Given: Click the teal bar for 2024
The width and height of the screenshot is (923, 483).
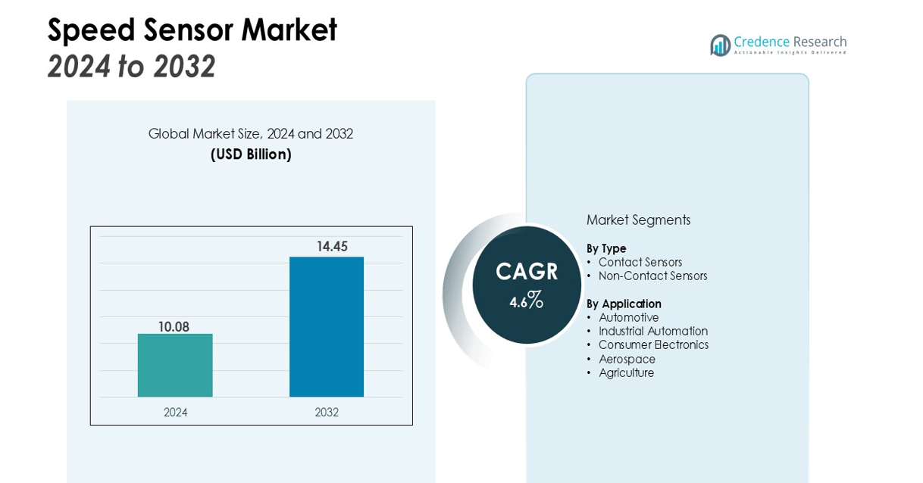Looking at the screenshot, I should point(175,365).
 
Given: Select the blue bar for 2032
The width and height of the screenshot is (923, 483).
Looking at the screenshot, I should point(327,326).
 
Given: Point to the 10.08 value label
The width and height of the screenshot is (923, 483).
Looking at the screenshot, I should point(174,327).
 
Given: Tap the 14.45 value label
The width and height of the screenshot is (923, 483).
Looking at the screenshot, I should point(332,246).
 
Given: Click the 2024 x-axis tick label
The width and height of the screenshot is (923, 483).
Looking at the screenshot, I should point(175,413).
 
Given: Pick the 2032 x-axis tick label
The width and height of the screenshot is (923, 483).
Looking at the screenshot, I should point(327,413).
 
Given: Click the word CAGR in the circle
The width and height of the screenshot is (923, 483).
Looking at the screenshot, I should point(527,272).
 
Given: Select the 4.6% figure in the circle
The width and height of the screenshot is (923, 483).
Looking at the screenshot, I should point(527,301).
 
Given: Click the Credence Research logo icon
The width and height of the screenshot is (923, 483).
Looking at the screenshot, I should point(720,45).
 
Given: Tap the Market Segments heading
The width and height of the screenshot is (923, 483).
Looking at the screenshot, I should point(638,220).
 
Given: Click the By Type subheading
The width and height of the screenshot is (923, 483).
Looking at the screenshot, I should point(606,248).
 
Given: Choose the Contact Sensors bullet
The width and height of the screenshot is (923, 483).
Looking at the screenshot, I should point(640,262).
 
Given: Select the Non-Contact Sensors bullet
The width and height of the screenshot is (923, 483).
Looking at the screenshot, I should point(652,276).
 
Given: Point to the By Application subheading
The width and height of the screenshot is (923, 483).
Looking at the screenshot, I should point(624,304).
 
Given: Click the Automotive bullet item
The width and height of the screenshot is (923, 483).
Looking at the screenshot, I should point(629,318).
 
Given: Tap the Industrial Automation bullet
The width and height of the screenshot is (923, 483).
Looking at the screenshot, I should point(653,332).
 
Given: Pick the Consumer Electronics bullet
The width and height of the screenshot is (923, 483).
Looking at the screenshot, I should point(653,345).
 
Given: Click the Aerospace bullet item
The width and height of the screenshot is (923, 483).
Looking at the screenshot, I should point(627,359).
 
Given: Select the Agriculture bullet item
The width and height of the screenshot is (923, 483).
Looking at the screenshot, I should point(626,373).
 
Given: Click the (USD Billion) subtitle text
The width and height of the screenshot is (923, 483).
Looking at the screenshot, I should point(251,154).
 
